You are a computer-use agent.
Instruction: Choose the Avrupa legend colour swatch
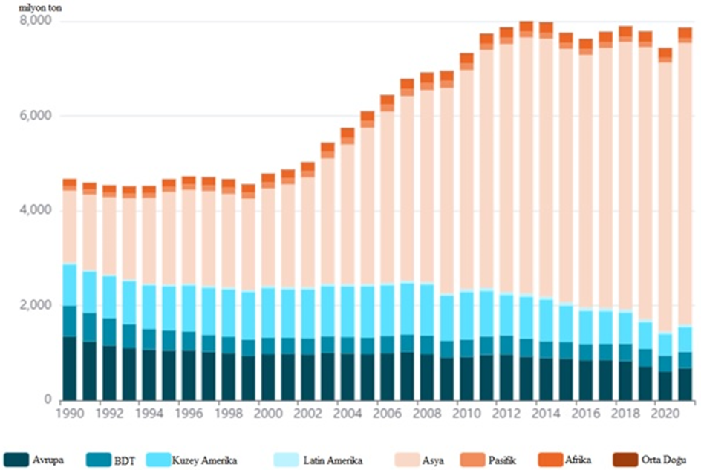[20, 459]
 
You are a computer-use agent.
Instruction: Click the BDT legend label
[124, 460]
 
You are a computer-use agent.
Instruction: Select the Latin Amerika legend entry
[332, 460]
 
